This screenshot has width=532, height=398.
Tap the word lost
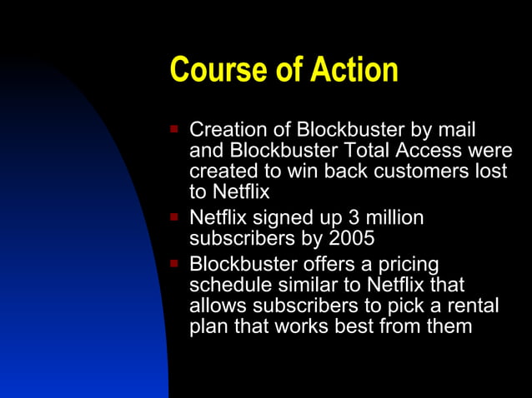pos(489,172)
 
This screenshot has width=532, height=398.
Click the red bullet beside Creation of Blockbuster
pos(173,130)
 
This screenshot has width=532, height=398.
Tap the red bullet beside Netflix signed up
pos(173,217)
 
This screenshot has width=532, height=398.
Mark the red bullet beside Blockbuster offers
pos(173,263)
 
